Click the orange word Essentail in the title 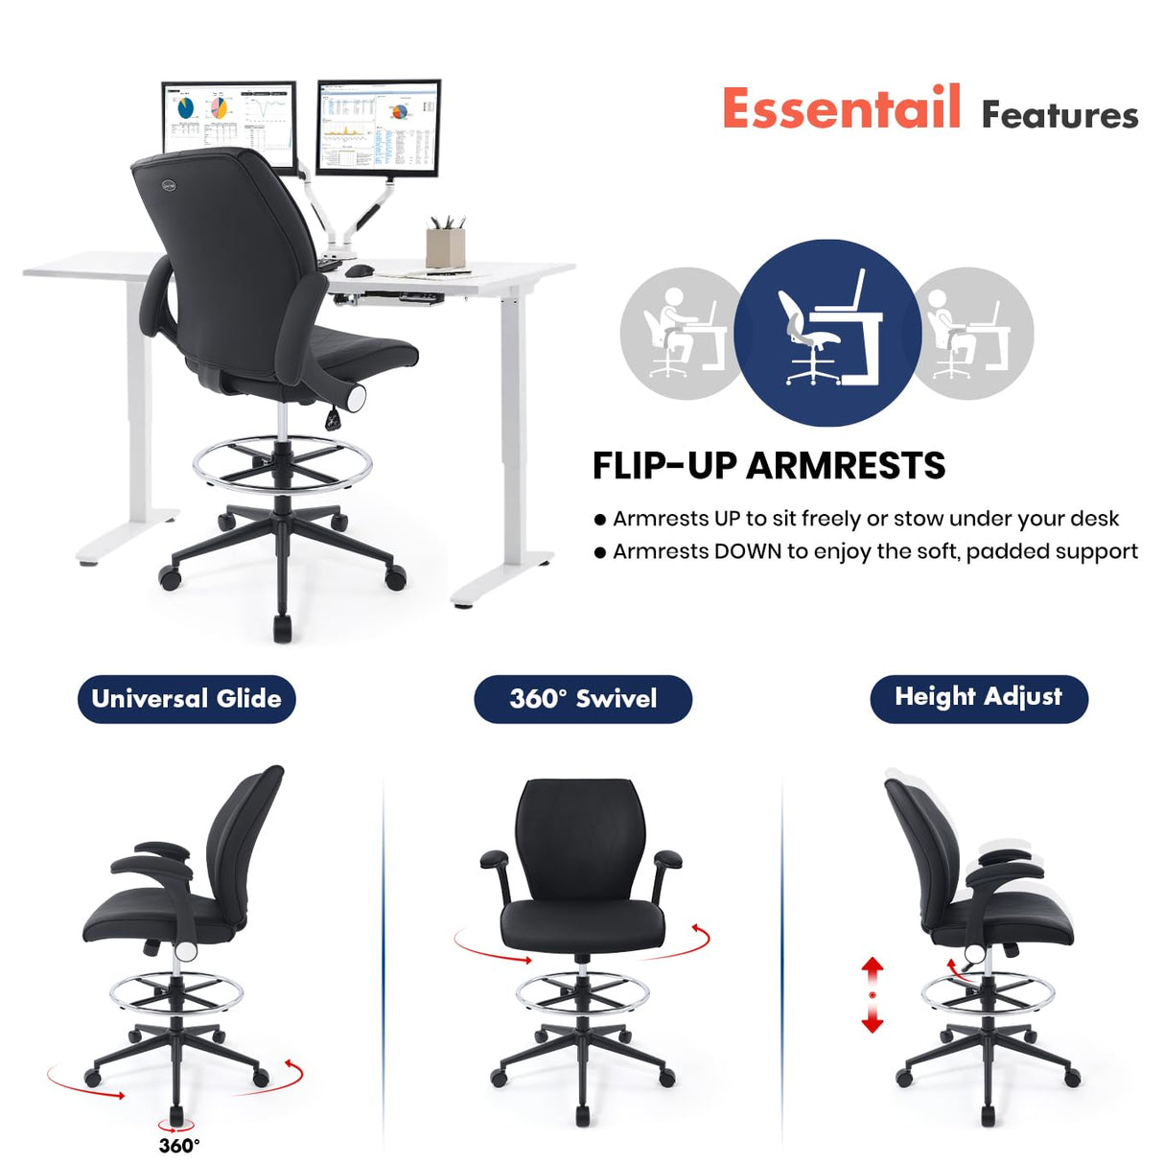tap(841, 107)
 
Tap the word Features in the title tap(1059, 115)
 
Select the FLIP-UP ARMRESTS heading tap(768, 466)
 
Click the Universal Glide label tap(186, 698)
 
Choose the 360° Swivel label tap(583, 698)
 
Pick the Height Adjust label tap(978, 697)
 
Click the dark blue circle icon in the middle tap(826, 332)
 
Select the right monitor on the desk tap(379, 128)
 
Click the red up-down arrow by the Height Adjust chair tap(872, 994)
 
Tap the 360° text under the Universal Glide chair tap(179, 1145)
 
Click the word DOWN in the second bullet tap(748, 551)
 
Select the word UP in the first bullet tap(727, 519)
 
